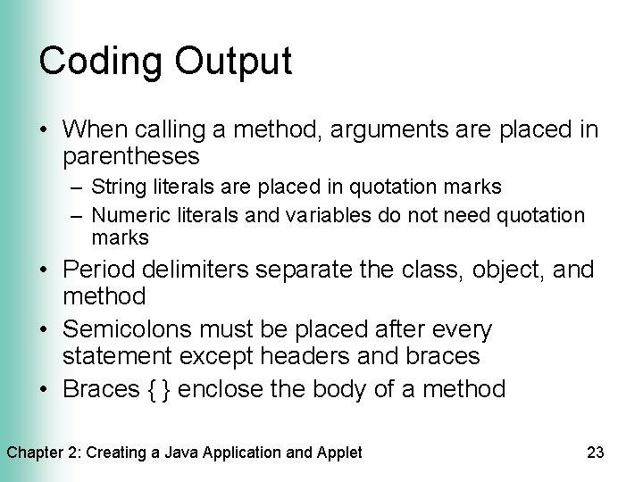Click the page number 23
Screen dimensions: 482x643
point(597,453)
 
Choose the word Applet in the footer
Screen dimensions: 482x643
point(338,453)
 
